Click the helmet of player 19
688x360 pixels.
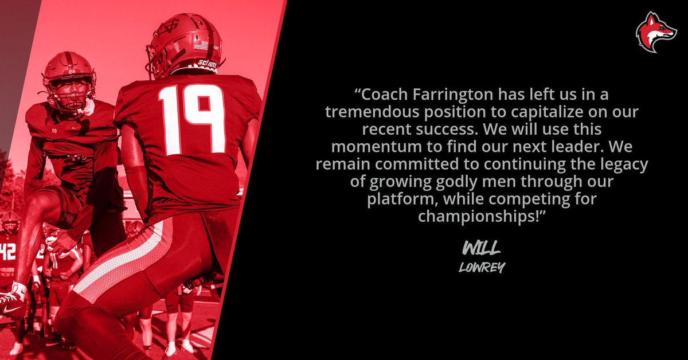(185, 45)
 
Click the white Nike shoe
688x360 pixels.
(13, 304)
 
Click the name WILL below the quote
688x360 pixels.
(482, 248)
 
